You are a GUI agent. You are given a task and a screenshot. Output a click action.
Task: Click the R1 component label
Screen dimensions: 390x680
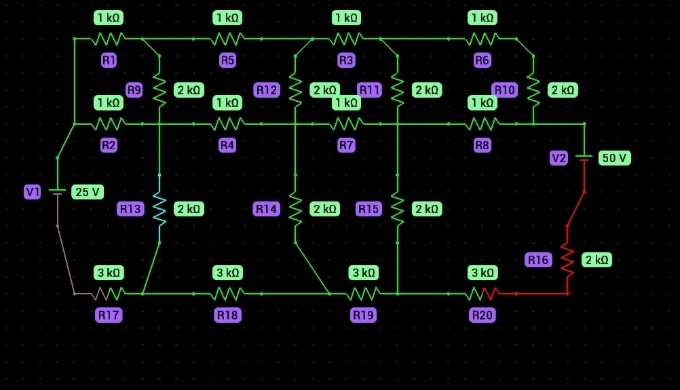[109, 60]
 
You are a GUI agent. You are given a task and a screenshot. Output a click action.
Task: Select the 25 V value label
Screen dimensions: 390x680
[88, 192]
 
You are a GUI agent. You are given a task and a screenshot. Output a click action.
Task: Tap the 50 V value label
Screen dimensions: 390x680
[614, 158]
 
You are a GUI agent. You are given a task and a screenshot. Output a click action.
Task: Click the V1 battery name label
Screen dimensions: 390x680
[33, 192]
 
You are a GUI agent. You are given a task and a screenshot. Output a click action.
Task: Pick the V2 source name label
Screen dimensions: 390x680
[559, 158]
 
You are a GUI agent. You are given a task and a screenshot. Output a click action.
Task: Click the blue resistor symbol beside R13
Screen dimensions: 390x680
[159, 208]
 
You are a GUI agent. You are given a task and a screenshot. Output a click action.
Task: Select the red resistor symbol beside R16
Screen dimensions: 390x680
[567, 260]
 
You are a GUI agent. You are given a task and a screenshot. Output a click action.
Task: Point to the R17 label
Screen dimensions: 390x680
[109, 315]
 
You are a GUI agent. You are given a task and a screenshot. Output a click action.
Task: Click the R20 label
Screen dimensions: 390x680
[482, 315]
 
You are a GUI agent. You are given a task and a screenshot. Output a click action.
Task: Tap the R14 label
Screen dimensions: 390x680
[267, 209]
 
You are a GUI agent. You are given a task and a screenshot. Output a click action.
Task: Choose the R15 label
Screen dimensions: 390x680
[369, 209]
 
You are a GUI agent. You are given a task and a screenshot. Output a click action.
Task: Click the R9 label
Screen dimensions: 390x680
[134, 90]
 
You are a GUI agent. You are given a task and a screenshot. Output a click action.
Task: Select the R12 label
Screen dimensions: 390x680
[267, 90]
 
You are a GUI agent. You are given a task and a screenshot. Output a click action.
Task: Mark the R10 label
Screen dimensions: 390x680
[504, 90]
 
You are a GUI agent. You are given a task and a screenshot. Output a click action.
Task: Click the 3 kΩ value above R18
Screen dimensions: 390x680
[227, 273]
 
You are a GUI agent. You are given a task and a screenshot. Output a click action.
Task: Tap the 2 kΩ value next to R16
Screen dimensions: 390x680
[597, 260]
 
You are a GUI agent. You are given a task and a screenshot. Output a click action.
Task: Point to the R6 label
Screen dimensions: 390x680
[482, 60]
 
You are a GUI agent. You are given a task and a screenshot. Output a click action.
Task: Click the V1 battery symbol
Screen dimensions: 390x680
[58, 192]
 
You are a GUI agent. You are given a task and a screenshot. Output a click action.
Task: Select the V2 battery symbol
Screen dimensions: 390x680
[584, 158]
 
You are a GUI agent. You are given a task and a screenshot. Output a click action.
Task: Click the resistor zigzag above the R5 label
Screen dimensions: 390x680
[227, 39]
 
